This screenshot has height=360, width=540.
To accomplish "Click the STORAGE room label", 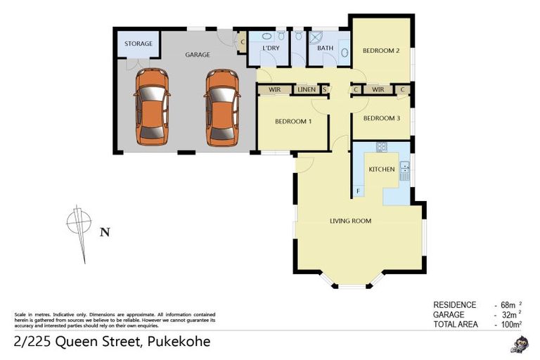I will [139, 44].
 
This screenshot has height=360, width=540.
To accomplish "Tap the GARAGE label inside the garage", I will [197, 54].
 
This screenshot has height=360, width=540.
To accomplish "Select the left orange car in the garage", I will [152, 107].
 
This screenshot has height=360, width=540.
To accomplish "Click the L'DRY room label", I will [271, 48].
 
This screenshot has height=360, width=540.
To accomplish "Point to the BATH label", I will [325, 48].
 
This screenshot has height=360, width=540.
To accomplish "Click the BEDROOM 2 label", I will [381, 51].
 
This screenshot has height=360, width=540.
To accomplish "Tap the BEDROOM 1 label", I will [292, 121].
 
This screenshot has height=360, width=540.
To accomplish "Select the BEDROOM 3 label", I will [381, 118].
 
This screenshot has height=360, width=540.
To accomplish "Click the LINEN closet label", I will [306, 90].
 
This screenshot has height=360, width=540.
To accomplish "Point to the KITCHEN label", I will [382, 169].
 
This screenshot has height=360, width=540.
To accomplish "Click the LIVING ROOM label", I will [350, 221].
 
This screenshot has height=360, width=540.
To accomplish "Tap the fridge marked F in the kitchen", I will [358, 191].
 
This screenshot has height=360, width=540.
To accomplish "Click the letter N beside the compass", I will [104, 231].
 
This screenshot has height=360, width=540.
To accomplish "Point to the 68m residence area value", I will [506, 305].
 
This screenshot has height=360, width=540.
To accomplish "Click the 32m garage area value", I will [506, 314].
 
